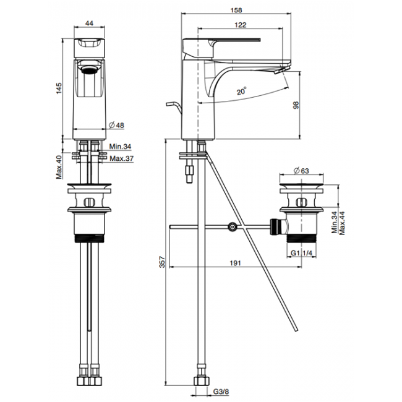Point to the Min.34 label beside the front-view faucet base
point(119,147)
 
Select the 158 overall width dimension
point(236,11)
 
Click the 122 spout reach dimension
point(241,25)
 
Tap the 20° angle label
point(241,91)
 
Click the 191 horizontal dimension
point(235,263)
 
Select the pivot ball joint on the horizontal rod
point(232,227)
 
